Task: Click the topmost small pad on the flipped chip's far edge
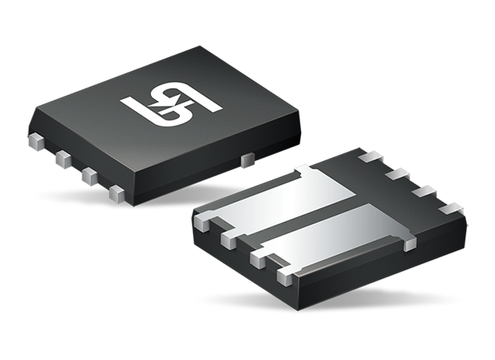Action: pyautogui.click(x=370, y=155)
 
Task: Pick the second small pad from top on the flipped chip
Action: pyautogui.click(x=397, y=174)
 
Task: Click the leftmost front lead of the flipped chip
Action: pyautogui.click(x=200, y=221)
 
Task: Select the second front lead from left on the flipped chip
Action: pyautogui.click(x=226, y=239)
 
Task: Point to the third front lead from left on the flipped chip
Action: pyautogui.click(x=256, y=258)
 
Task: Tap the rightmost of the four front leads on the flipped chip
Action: pyautogui.click(x=285, y=272)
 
